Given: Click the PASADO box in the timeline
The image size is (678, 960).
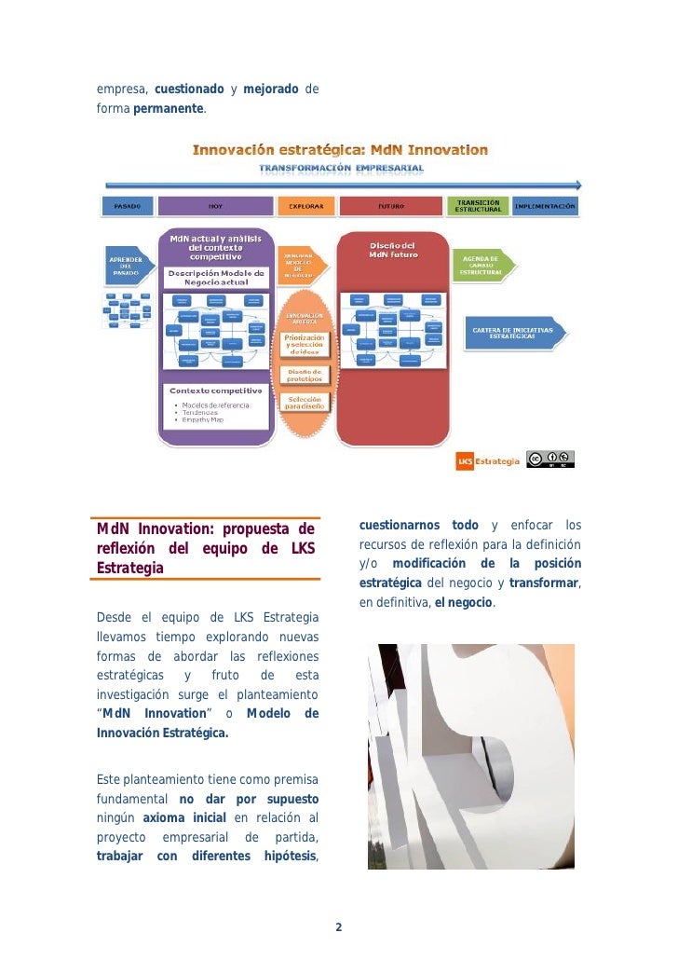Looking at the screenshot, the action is [x=127, y=206].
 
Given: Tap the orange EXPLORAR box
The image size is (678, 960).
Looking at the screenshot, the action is [x=305, y=206].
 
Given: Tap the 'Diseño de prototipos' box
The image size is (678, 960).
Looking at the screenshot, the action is [x=305, y=376].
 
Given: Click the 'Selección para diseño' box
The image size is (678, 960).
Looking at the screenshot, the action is [x=305, y=402].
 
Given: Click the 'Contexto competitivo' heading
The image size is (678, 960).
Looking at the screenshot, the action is [x=215, y=391].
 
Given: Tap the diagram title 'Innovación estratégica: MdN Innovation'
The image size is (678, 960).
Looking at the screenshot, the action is [x=340, y=149].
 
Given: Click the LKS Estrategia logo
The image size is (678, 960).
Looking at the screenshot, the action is [x=487, y=460].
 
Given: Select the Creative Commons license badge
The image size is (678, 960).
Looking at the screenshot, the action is [x=550, y=459].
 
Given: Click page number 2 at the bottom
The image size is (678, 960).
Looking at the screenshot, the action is [x=338, y=927].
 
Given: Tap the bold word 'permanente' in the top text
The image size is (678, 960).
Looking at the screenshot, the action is [x=169, y=109].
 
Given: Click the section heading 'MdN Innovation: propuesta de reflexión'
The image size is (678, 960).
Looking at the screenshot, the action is [x=206, y=548].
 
